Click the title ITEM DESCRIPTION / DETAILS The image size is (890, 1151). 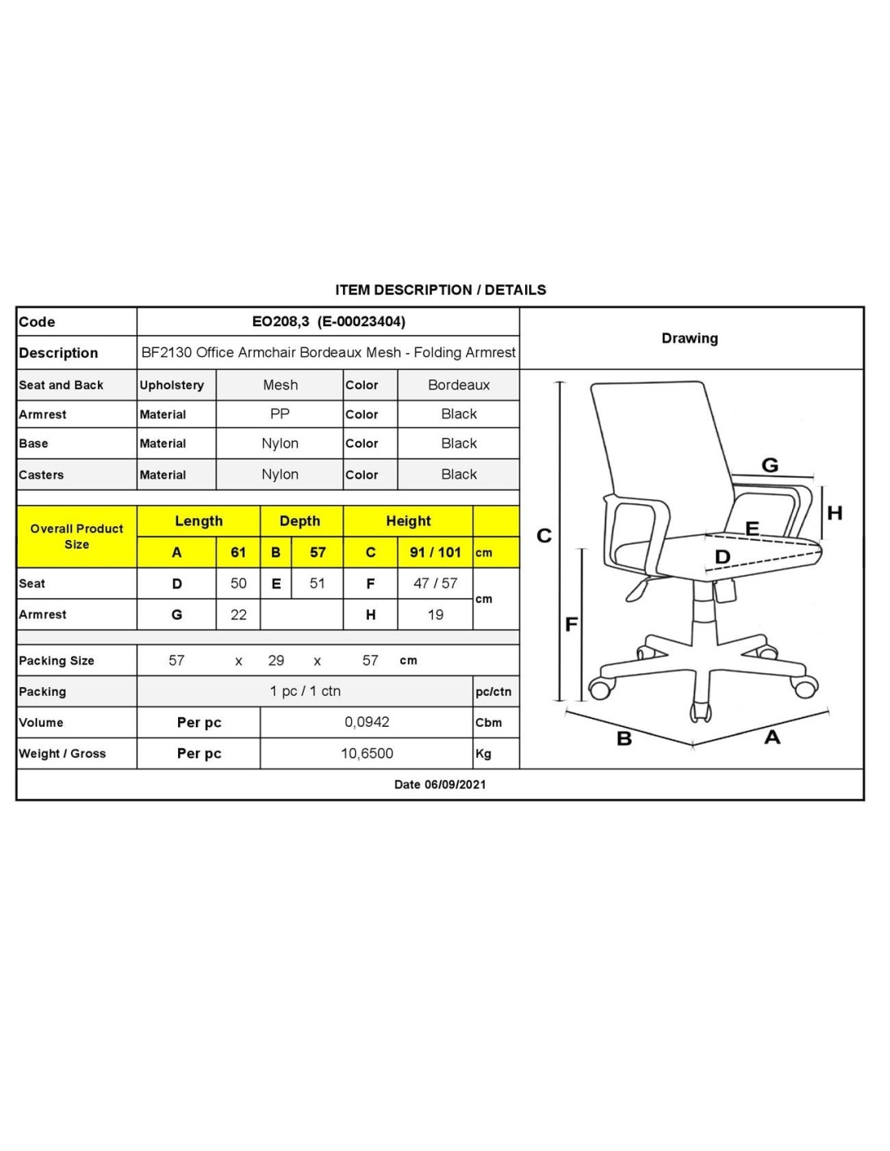440,290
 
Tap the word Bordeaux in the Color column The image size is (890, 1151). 459,384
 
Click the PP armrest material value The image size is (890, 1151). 280,414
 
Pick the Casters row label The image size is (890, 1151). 41,475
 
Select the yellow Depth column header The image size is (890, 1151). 299,521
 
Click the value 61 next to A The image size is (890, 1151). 238,552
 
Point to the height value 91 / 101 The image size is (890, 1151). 435,552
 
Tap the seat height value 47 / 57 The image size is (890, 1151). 435,583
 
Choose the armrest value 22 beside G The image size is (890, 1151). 238,614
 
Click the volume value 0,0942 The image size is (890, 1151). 367,722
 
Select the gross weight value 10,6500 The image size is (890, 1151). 367,754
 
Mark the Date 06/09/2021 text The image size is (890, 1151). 440,784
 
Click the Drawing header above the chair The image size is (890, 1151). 689,338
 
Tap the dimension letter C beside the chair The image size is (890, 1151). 544,536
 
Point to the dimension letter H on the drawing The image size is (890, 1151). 834,512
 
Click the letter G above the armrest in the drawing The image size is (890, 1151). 769,465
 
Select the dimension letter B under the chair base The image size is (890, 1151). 624,738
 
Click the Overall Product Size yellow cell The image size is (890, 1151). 77,536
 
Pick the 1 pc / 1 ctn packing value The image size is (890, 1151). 305,691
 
